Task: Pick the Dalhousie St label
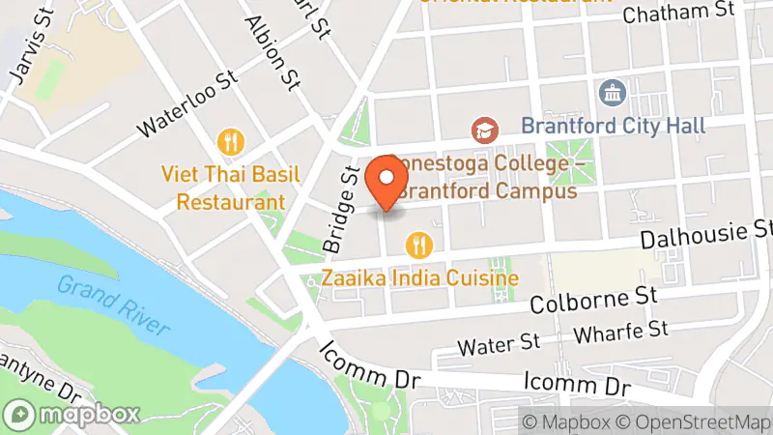coord(706,233)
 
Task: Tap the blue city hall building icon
coord(613,94)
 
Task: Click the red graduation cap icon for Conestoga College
coord(483,129)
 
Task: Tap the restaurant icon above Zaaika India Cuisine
coord(418,244)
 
